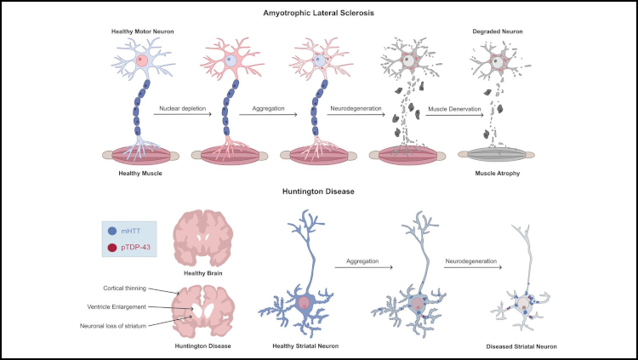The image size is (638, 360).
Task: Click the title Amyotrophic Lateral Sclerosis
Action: click(x=319, y=13)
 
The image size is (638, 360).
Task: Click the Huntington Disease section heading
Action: click(x=319, y=191)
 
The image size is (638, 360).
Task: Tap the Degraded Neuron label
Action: click(x=498, y=31)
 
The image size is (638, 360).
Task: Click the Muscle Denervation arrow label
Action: click(x=453, y=108)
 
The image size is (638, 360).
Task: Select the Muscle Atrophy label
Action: click(x=498, y=174)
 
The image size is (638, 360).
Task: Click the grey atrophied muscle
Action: click(x=498, y=155)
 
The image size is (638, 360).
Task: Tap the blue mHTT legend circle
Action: click(x=113, y=230)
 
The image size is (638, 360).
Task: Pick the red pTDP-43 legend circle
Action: click(x=113, y=248)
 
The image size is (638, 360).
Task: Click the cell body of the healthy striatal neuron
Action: click(x=304, y=304)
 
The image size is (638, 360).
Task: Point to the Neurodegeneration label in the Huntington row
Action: click(x=472, y=261)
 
